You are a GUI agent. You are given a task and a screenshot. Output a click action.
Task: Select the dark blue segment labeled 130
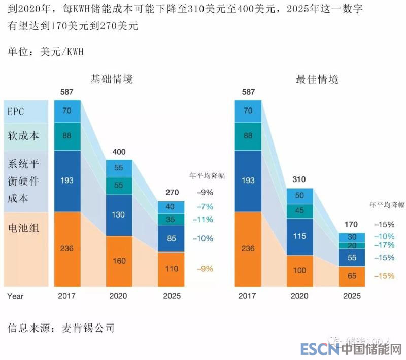tap(119, 214)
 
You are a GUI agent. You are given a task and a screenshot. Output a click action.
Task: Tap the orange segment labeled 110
tap(171, 269)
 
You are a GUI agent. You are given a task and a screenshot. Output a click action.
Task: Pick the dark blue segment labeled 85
tap(171, 238)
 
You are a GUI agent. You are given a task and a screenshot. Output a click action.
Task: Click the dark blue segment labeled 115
tap(300, 236)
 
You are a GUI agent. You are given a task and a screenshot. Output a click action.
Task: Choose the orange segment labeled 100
tap(300, 270)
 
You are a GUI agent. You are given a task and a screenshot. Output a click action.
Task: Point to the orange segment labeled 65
tap(352, 276)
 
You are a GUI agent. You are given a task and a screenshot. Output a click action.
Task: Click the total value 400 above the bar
tap(119, 152)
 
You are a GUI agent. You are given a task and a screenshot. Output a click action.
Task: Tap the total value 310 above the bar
tap(300, 180)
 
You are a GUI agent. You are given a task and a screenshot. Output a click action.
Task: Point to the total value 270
tap(171, 193)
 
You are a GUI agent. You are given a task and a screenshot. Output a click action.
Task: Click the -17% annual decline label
tap(384, 245)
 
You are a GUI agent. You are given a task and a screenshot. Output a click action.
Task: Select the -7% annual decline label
tap(204, 206)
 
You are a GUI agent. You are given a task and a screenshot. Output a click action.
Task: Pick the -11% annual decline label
tap(204, 220)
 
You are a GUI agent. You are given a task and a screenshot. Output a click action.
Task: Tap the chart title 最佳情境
tap(317, 79)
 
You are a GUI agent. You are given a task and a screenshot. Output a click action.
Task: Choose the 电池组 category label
tap(23, 228)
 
